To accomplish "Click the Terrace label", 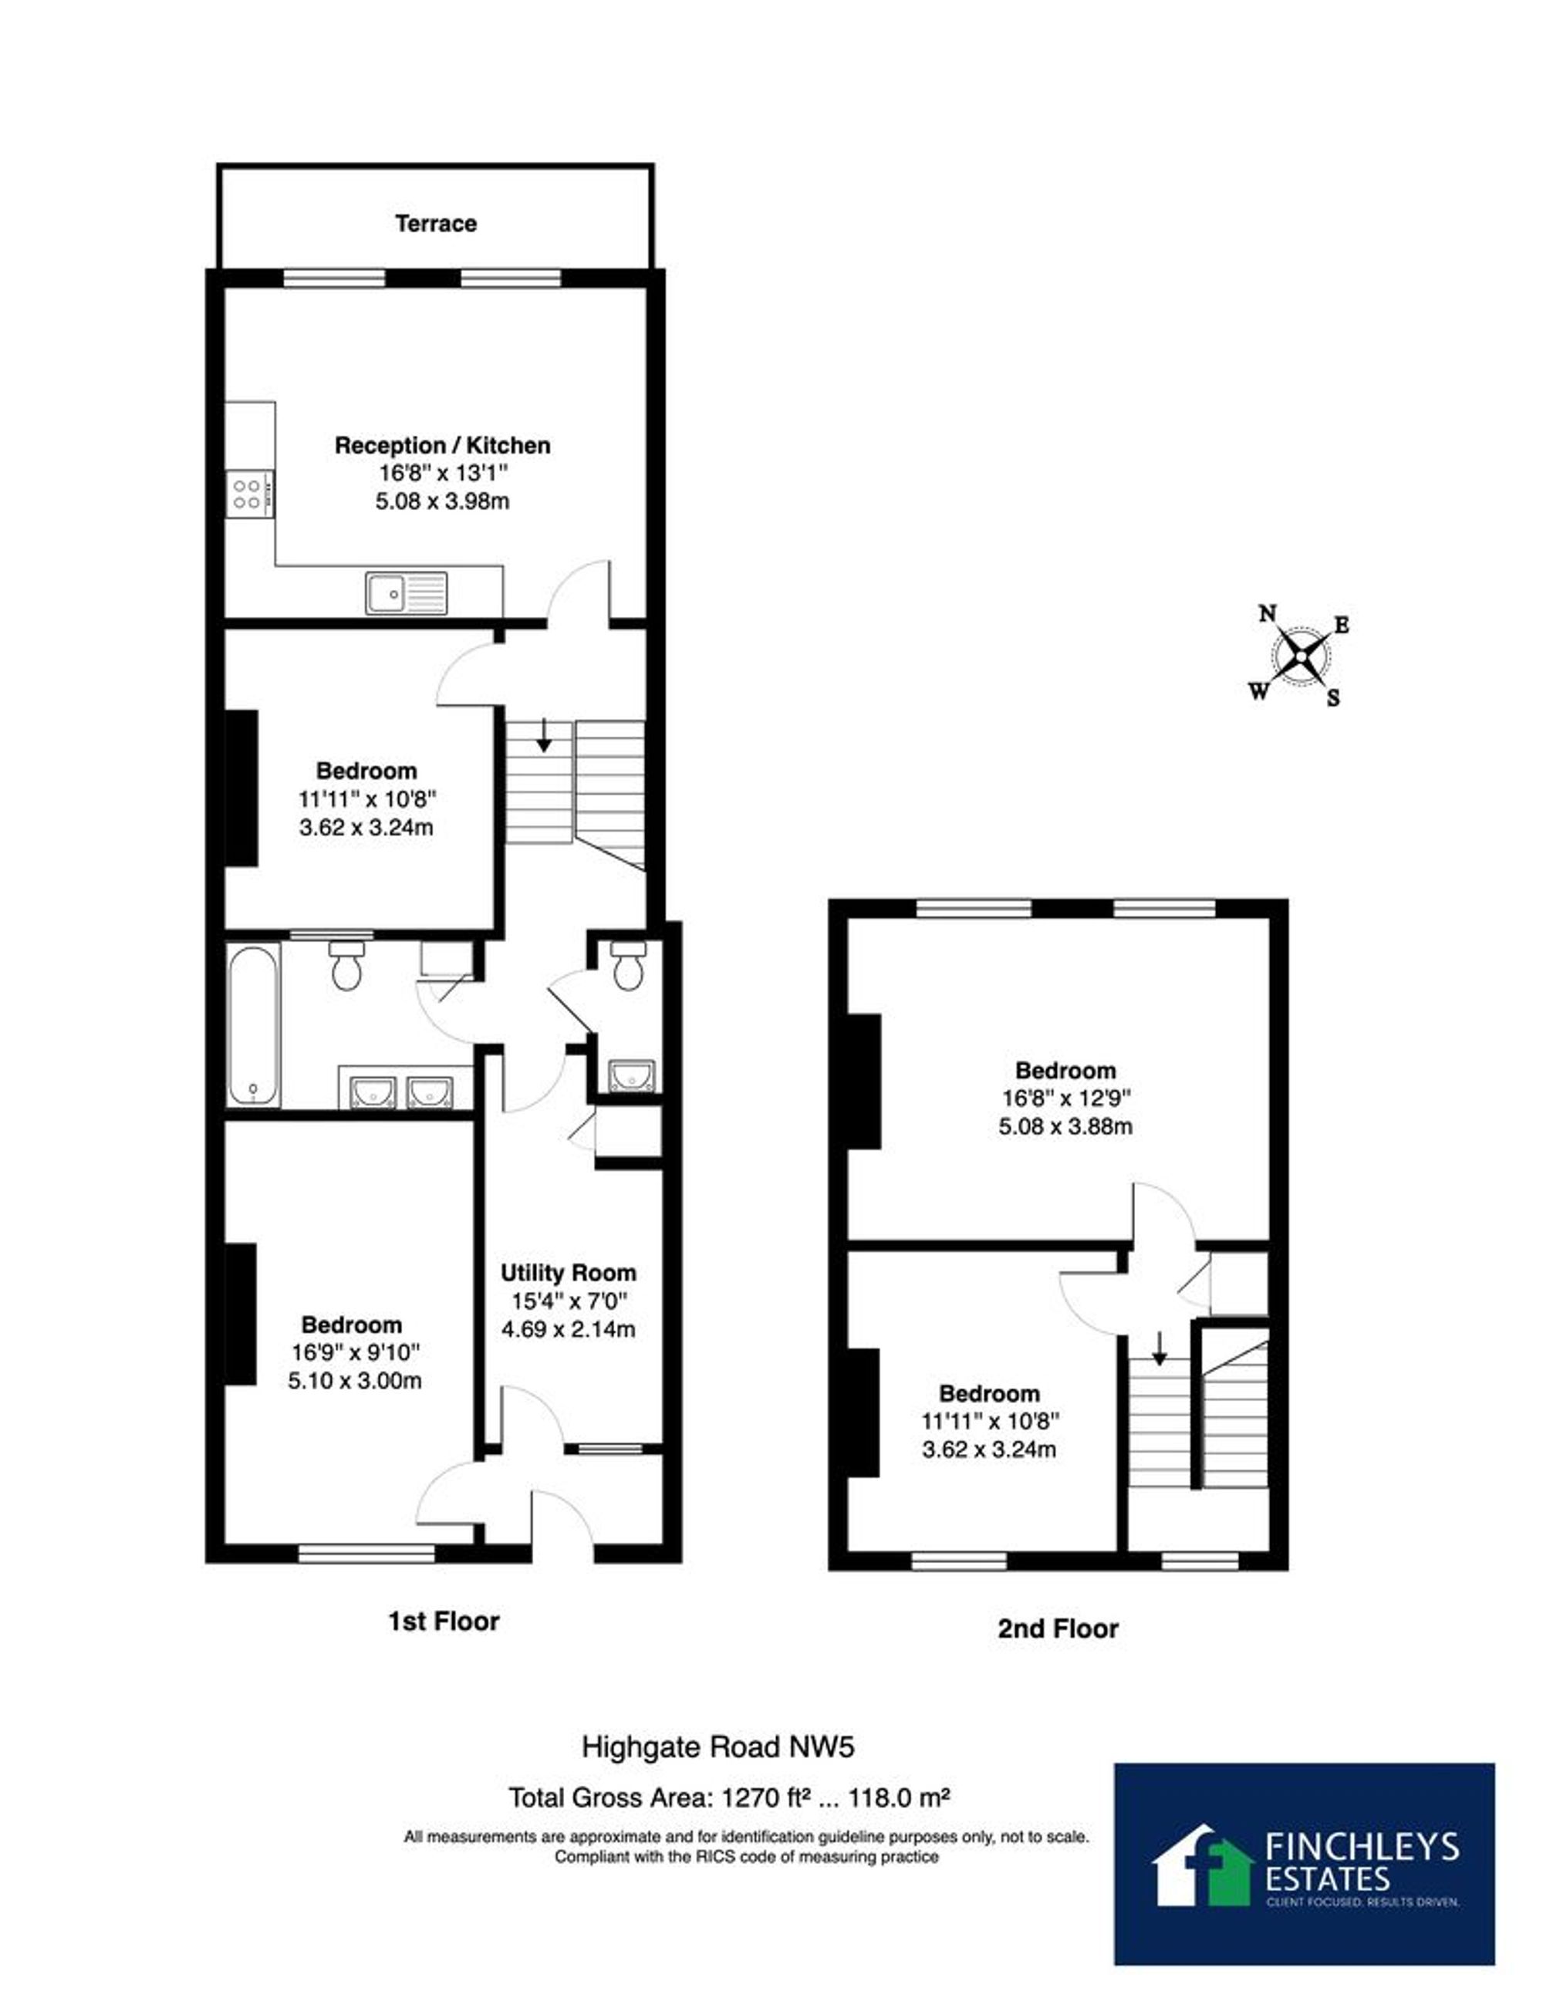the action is click(x=435, y=223).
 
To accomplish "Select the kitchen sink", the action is click(x=406, y=592).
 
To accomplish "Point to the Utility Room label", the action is click(x=569, y=1273).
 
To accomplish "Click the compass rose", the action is click(x=1302, y=656).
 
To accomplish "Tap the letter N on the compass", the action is click(x=1268, y=613).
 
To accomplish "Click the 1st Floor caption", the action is click(x=444, y=1622).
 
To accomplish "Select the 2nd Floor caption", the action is click(x=1058, y=1628).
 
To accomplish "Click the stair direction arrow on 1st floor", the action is click(x=544, y=734).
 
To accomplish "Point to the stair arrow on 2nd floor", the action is click(x=1159, y=1347).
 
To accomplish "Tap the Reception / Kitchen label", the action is click(x=443, y=445).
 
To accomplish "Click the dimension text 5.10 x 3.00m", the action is click(x=355, y=1380).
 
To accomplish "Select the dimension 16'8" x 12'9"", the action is click(x=1065, y=1097).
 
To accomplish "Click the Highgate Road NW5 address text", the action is click(x=718, y=1746).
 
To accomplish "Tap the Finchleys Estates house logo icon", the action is click(x=1204, y=1865).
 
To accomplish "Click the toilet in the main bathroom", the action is click(x=346, y=964).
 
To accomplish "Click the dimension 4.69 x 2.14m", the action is click(x=569, y=1328).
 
